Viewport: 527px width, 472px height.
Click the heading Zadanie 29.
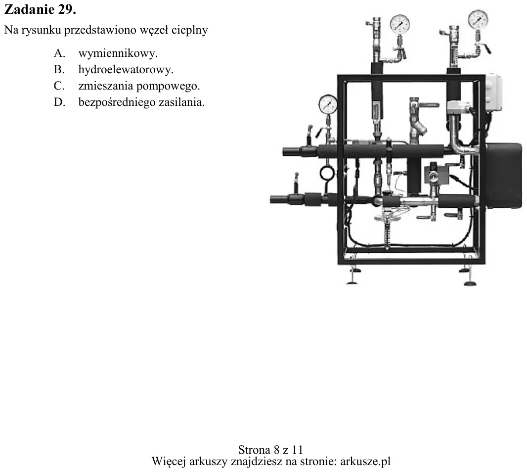40,9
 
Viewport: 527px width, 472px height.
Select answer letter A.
59,53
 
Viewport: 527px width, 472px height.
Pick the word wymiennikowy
118,53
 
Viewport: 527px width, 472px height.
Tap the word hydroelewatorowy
126,70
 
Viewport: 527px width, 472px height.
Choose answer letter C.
59,86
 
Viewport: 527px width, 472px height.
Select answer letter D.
59,102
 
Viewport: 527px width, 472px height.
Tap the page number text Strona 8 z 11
270,450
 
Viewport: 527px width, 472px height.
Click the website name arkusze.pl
365,461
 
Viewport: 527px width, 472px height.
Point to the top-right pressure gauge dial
478,19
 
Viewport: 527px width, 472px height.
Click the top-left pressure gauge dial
399,24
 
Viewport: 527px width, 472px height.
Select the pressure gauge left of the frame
328,104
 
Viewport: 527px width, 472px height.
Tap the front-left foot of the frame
352,277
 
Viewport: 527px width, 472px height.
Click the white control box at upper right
493,92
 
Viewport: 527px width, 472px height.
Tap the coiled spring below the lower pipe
387,236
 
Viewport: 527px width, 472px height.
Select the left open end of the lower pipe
272,199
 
